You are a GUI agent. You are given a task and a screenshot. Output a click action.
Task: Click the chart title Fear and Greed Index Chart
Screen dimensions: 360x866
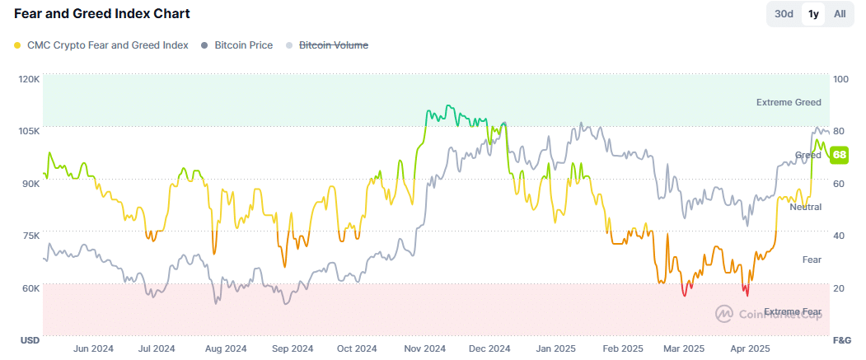coord(102,14)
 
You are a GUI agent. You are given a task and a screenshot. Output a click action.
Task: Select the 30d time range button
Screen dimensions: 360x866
coord(784,14)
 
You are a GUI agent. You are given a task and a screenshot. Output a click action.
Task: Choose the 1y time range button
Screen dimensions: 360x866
coord(813,14)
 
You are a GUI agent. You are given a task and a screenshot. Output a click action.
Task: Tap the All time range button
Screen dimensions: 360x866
coord(839,14)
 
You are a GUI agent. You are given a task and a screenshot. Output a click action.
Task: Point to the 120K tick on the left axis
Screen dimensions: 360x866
coord(29,79)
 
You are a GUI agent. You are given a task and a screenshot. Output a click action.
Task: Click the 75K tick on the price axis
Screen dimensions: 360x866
coord(30,236)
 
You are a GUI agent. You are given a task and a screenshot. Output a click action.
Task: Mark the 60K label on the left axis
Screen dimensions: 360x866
coord(30,288)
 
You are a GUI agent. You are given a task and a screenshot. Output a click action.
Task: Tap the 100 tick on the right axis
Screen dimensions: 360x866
coord(840,79)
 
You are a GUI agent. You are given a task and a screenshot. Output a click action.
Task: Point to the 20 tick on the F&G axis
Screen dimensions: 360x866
coord(839,288)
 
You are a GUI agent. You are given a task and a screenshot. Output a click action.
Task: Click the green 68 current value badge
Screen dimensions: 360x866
coord(840,155)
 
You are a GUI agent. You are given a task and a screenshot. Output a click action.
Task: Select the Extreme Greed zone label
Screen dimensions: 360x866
coord(789,102)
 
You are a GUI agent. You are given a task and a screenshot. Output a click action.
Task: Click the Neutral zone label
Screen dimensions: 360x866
coord(805,207)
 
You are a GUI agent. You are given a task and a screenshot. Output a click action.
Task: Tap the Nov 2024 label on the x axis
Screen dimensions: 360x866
coord(425,348)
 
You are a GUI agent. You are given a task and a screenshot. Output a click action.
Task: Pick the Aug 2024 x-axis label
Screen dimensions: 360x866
coord(225,348)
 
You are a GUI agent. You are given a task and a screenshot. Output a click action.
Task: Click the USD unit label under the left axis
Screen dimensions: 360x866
coord(30,340)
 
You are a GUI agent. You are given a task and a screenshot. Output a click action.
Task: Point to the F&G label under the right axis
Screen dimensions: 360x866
coord(841,340)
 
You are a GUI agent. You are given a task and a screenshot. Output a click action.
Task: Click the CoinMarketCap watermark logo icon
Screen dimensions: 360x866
coord(724,313)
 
